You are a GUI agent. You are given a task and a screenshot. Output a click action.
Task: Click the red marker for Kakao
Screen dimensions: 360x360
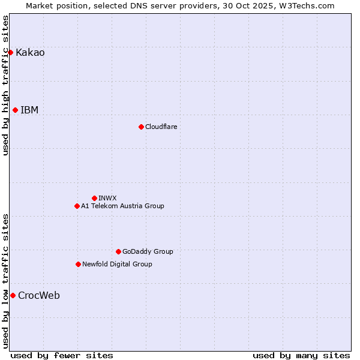pyautogui.click(x=10, y=52)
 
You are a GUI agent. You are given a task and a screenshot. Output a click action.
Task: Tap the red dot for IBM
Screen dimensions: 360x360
pyautogui.click(x=15, y=110)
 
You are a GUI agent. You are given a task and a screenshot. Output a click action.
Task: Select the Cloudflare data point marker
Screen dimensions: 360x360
pyautogui.click(x=141, y=127)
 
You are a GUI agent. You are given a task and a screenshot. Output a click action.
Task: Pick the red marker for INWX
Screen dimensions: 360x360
pyautogui.click(x=94, y=198)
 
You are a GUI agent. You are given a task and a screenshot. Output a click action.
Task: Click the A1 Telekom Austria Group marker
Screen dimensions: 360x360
pyautogui.click(x=77, y=206)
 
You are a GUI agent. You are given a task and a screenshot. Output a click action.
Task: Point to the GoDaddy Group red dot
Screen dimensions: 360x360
pyautogui.click(x=118, y=251)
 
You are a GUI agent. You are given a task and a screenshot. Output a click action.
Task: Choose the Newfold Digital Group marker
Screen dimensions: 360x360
pyautogui.click(x=78, y=264)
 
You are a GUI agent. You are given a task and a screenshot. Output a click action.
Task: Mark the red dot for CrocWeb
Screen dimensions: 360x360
pyautogui.click(x=13, y=295)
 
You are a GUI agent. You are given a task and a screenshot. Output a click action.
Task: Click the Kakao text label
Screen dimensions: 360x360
pyautogui.click(x=30, y=52)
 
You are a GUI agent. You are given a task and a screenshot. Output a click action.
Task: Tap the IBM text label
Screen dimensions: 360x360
pyautogui.click(x=29, y=110)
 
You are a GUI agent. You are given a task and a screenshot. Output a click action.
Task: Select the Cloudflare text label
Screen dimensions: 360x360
pyautogui.click(x=161, y=127)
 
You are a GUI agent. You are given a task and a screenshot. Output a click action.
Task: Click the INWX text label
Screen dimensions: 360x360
pyautogui.click(x=107, y=198)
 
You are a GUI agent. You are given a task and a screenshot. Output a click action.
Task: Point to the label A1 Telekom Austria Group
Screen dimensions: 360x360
pyautogui.click(x=122, y=206)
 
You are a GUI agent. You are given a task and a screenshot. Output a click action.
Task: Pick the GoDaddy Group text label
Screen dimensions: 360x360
pyautogui.click(x=148, y=251)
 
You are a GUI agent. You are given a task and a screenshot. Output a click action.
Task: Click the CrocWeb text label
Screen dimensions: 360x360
pyautogui.click(x=39, y=295)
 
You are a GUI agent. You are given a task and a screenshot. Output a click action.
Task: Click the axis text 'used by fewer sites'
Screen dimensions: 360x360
pyautogui.click(x=62, y=355)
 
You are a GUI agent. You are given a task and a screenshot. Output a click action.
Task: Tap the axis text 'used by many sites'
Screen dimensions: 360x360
pyautogui.click(x=301, y=355)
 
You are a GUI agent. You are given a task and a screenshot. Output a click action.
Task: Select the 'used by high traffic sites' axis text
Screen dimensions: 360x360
pyautogui.click(x=6, y=85)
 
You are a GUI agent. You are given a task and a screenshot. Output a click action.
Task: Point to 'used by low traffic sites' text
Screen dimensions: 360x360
pyautogui.click(x=6, y=281)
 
